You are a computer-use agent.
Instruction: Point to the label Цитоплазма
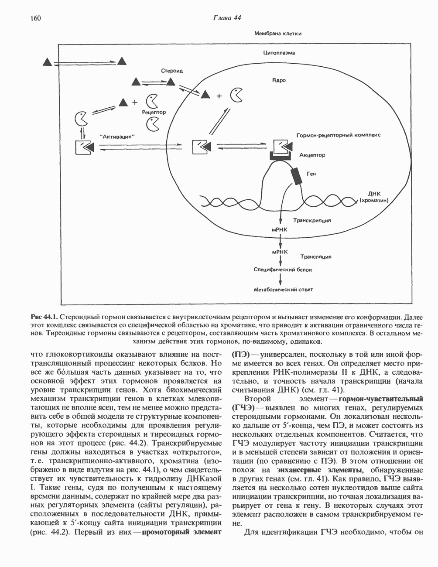point(279,53)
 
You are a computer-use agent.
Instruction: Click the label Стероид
point(171,71)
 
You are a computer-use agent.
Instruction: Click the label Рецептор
point(154,112)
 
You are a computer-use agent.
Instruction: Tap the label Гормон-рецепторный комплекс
point(338,135)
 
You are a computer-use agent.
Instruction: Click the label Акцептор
point(312,155)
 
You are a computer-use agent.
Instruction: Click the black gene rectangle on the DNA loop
point(296,176)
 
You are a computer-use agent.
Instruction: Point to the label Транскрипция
point(312,221)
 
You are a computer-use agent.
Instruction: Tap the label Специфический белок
point(283,270)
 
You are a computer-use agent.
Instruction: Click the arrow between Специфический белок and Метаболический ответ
point(280,279)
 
